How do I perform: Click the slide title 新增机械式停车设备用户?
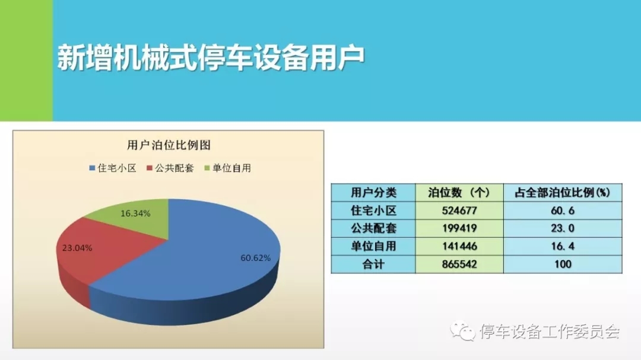211,58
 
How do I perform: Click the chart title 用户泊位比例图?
169,145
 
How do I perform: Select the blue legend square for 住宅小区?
92,168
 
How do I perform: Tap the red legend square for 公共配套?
149,168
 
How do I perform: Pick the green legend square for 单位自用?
207,168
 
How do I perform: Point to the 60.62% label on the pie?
255,258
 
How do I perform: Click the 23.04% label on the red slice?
77,248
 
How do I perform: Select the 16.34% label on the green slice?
135,214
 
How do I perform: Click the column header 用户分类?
374,193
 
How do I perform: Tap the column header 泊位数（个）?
459,193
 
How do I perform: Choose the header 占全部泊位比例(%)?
563,193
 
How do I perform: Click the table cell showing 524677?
459,211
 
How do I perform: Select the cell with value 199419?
459,228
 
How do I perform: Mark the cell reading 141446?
459,246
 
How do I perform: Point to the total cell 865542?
459,264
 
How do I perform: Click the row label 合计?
374,264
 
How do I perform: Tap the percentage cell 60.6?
563,211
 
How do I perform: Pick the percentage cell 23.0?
563,228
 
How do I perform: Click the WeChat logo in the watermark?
463,330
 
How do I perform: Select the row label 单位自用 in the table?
374,246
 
